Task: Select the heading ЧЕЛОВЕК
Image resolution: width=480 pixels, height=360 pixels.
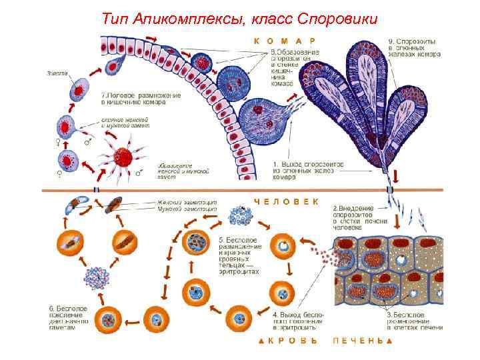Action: coord(286,201)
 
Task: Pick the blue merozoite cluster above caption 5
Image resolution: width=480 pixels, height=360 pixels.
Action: coord(240,216)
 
